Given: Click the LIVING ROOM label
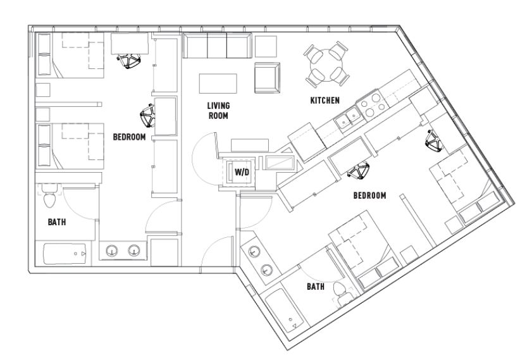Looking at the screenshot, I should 217,111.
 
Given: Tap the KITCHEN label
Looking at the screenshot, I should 325,100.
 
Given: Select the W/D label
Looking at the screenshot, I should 241,171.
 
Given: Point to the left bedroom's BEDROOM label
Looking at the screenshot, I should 132,136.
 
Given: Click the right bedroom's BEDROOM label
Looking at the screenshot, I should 369,196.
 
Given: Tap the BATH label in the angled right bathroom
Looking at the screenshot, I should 316,287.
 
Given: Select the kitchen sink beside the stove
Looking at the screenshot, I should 347,117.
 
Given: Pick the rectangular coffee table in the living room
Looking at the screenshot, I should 218,84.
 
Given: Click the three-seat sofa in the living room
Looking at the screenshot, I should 216,46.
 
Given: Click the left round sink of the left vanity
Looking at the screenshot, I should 112,251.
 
